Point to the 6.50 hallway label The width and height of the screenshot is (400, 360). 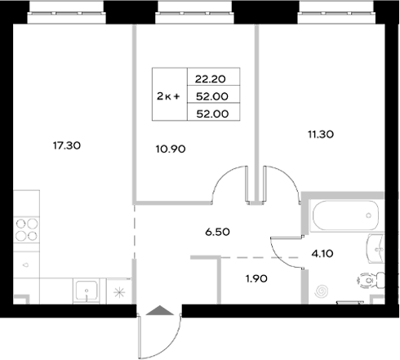[217, 231]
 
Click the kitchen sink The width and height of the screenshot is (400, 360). [88, 291]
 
